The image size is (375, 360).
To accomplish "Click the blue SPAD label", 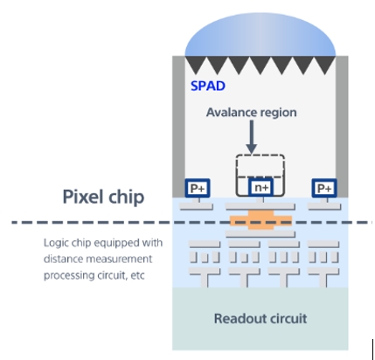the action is [208, 86].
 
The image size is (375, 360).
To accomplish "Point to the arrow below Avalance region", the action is [252, 137].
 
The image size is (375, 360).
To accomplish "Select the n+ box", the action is [261, 188].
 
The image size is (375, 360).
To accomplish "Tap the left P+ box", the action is [198, 188].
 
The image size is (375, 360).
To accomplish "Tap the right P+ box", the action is [324, 188].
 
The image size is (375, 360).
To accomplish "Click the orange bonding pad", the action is [260, 220].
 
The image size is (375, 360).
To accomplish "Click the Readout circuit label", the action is [260, 319].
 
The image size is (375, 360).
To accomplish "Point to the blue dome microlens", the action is [260, 34].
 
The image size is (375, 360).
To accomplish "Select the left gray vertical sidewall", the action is [178, 127].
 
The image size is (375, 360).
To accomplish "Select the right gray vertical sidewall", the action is [342, 127].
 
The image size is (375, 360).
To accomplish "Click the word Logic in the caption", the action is [53, 243].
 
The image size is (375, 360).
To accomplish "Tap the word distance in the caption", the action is [62, 259].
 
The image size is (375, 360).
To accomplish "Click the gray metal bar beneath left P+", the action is [196, 206].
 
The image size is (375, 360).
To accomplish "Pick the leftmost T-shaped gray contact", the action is [205, 278].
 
